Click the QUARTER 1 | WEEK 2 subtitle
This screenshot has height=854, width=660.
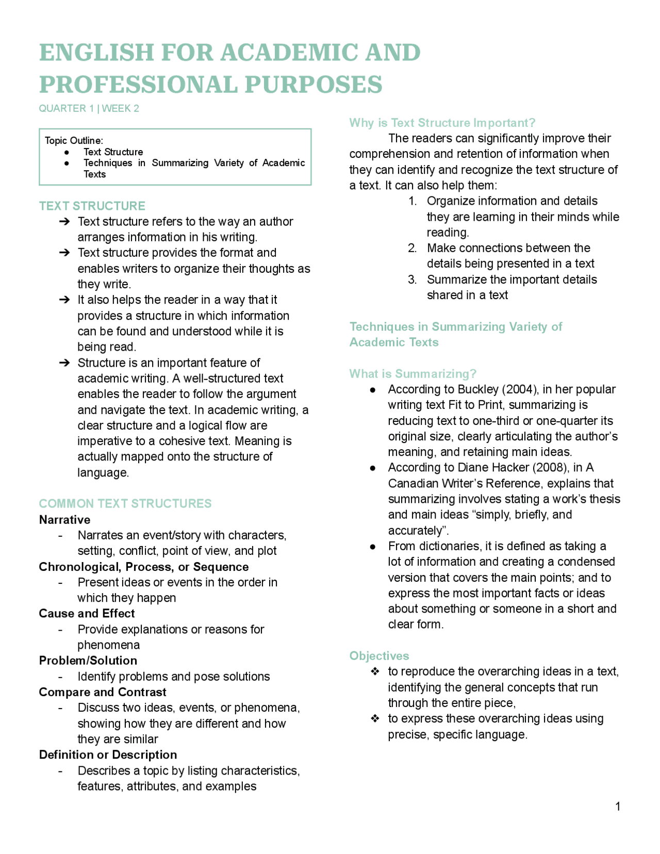(x=89, y=108)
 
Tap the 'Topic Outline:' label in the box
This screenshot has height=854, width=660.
(x=74, y=140)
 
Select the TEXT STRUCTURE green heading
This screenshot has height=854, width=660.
(x=92, y=206)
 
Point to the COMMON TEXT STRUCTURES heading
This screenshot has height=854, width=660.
(x=125, y=503)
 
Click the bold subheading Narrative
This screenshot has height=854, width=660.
(x=64, y=519)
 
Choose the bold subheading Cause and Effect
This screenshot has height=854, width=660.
(x=87, y=613)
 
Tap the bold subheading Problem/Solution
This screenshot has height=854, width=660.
(x=88, y=660)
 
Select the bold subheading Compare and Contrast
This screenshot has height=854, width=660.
(x=103, y=692)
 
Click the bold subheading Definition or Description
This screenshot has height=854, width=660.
(x=108, y=754)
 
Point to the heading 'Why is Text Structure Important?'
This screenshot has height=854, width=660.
(x=442, y=123)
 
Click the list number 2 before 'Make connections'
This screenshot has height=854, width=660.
(x=412, y=248)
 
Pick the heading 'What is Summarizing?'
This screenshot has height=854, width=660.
(x=412, y=373)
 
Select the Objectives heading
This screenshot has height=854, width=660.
(x=379, y=655)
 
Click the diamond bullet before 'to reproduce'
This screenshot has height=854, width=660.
(x=375, y=671)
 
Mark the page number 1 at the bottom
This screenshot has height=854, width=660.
(x=618, y=807)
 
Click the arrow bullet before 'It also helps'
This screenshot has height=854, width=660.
(x=64, y=300)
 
